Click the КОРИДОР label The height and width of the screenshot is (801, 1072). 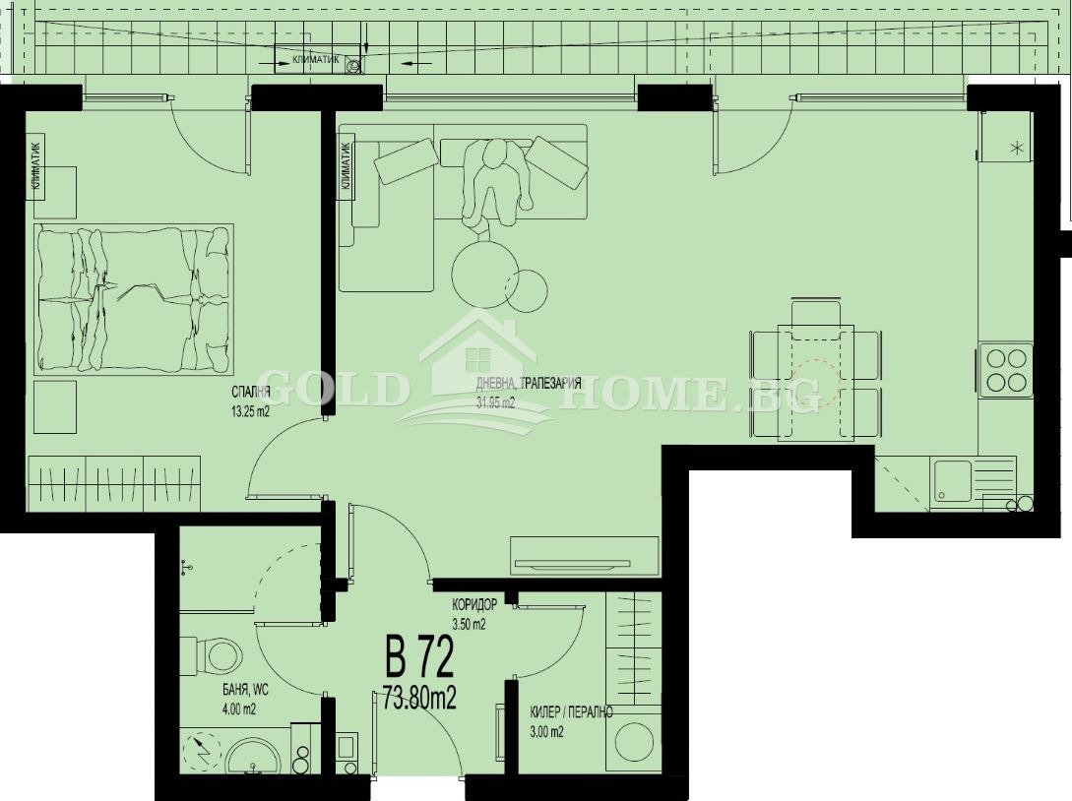pyautogui.click(x=474, y=605)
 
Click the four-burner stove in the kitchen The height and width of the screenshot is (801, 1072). pyautogui.click(x=1005, y=369)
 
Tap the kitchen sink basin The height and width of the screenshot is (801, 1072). pyautogui.click(x=952, y=482)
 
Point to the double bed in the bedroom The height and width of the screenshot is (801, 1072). pyautogui.click(x=133, y=300)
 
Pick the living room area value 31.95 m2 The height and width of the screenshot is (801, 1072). pyautogui.click(x=495, y=402)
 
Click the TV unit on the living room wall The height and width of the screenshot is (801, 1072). pyautogui.click(x=585, y=557)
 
